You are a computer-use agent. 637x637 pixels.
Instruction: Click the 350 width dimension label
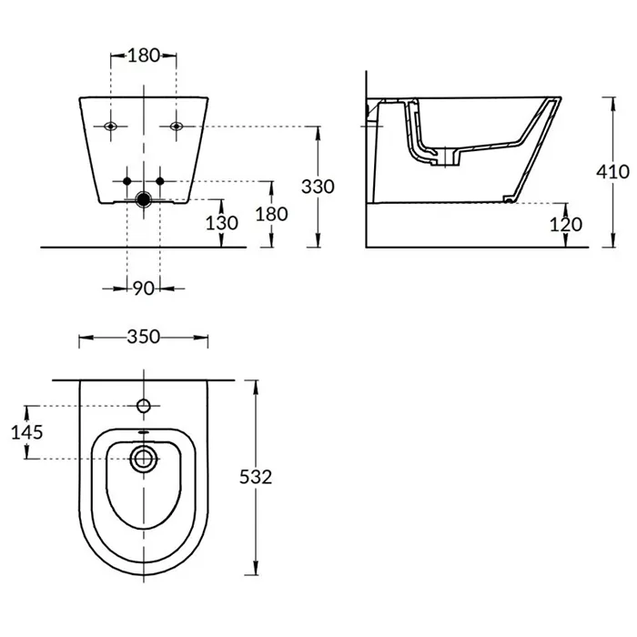point(144,337)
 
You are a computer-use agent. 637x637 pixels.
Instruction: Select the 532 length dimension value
point(256,477)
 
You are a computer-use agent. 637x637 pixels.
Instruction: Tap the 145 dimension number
point(26,432)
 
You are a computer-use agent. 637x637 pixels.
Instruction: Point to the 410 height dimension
point(612,172)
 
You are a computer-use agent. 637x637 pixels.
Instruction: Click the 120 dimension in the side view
point(566,224)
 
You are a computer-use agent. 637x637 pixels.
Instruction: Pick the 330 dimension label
point(318,187)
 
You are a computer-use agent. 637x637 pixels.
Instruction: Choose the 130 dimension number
point(221,223)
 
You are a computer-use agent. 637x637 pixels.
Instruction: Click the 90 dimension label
point(144,288)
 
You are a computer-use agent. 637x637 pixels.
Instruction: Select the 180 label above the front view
point(144,56)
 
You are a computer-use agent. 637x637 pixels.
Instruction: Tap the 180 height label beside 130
point(271,214)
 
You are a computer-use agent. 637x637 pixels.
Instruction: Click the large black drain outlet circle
point(144,199)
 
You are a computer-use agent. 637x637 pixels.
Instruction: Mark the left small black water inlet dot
point(127,181)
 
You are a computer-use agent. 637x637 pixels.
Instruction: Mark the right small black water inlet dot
point(160,181)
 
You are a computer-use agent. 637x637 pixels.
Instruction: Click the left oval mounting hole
point(110,126)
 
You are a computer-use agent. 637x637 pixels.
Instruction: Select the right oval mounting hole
point(177,126)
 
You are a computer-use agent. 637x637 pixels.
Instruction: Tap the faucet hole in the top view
point(144,406)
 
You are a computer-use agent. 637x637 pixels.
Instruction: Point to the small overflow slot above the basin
point(144,432)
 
